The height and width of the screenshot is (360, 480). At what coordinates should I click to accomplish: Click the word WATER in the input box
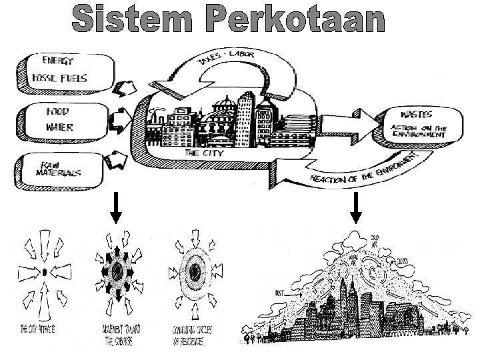pyautogui.click(x=59, y=127)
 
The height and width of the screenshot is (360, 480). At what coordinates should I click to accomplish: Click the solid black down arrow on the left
pyautogui.click(x=115, y=209)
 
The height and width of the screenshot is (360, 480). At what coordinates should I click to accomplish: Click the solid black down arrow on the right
pyautogui.click(x=356, y=209)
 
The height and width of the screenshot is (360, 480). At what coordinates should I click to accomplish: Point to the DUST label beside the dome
pyautogui.click(x=280, y=292)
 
